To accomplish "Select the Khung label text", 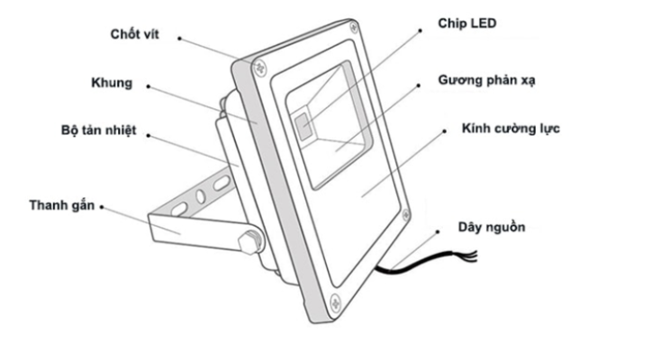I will point(111,84).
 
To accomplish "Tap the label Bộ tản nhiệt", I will point(93,131).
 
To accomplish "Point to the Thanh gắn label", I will point(61,205).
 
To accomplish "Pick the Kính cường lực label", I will point(511,130).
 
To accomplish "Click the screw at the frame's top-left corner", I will point(258,66).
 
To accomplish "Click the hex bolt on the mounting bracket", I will point(249,241).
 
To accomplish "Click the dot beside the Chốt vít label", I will point(180,39).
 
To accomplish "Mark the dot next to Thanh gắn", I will point(103,206).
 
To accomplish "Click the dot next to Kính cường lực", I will point(446,129).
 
